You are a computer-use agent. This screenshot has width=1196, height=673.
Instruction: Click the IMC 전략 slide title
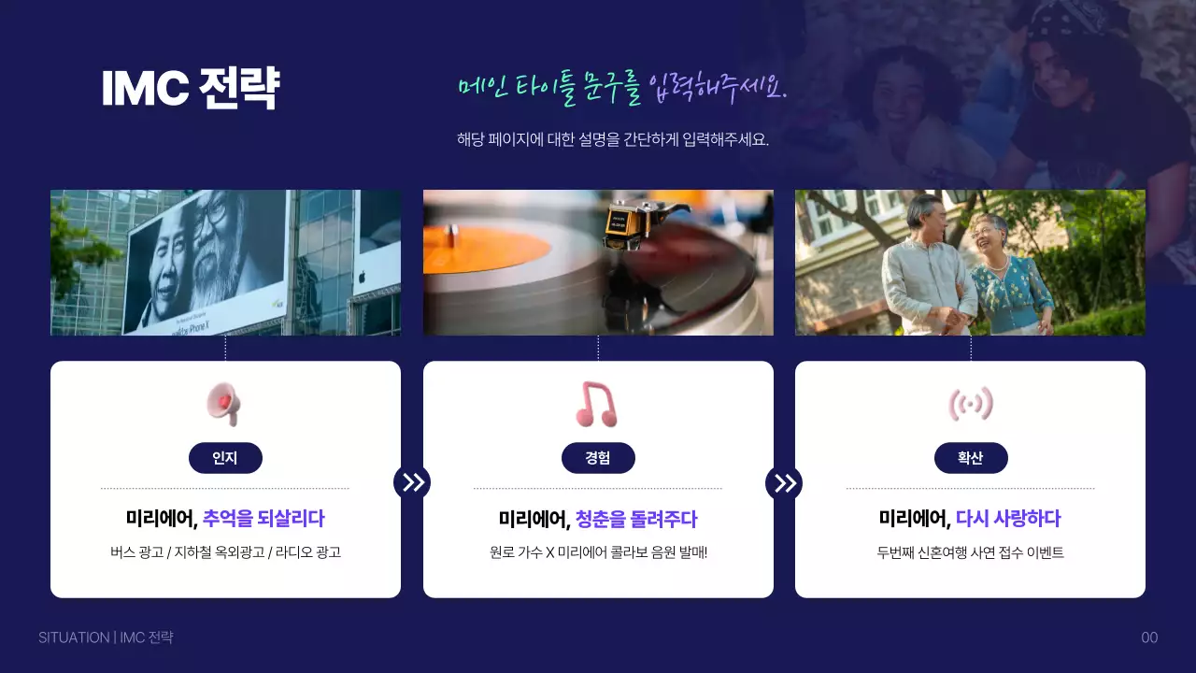(190, 89)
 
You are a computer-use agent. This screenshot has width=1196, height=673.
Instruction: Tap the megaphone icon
(224, 405)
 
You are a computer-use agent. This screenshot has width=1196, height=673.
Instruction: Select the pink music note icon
(596, 405)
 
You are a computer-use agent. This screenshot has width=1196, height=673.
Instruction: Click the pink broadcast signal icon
(970, 404)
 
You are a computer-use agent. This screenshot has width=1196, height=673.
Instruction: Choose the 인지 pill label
(225, 458)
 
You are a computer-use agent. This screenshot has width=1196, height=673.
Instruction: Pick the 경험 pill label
(598, 458)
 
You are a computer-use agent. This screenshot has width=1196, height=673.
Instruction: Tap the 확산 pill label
(971, 458)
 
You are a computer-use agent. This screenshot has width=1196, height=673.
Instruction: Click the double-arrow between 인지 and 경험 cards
(412, 482)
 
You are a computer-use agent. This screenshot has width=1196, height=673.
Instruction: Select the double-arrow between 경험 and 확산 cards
(784, 482)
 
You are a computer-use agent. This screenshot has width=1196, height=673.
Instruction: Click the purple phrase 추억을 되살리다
(263, 519)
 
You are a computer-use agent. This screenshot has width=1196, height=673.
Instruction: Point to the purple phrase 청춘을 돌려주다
(636, 519)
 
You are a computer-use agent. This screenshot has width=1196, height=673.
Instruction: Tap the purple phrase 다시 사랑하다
(1008, 519)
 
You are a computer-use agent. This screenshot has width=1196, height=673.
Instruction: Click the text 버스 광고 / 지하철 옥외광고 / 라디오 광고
(225, 552)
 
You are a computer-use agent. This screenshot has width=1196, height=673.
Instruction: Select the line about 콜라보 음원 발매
(598, 552)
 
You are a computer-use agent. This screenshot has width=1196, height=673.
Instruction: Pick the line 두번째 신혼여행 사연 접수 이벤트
(970, 552)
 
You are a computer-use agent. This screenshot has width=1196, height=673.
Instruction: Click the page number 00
(1149, 637)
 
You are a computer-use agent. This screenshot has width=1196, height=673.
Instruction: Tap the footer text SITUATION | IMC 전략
(106, 637)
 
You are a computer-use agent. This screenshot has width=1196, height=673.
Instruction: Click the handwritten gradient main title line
(622, 89)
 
